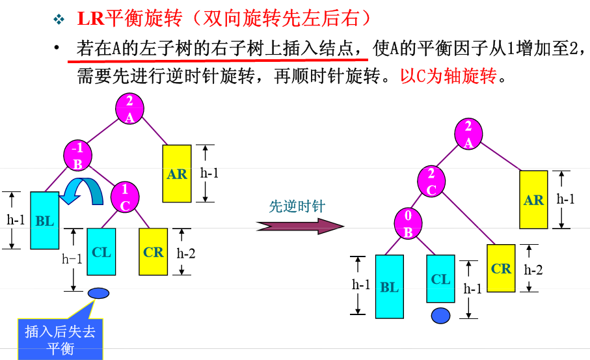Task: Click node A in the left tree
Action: click(129, 108)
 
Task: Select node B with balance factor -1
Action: click(78, 156)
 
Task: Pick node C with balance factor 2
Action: click(431, 182)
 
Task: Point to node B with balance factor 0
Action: click(409, 223)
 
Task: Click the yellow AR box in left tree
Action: click(176, 173)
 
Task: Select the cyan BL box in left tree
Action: click(44, 221)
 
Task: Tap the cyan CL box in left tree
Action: click(101, 251)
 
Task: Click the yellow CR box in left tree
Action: click(153, 251)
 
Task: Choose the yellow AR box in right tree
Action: click(533, 199)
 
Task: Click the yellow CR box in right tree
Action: click(501, 268)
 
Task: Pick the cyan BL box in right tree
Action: click(389, 286)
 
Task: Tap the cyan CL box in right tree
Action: click(440, 279)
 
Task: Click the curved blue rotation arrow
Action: click(85, 193)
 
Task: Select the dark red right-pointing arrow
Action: click(299, 226)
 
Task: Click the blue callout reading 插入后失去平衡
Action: click(60, 339)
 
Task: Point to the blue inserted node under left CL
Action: click(99, 293)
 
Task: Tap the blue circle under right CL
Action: click(441, 316)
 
